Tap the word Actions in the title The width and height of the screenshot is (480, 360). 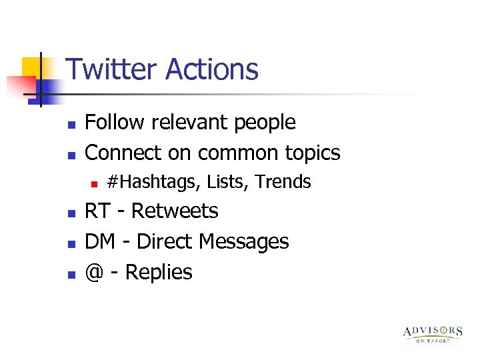tap(212, 69)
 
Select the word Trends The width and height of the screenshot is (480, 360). tap(283, 181)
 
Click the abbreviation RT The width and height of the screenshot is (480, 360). tap(98, 211)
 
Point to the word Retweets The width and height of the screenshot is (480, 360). tap(175, 211)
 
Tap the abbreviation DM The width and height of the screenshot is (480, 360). tap(100, 241)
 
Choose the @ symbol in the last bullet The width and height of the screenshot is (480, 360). tap(95, 272)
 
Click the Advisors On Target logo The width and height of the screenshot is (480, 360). tap(433, 333)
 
